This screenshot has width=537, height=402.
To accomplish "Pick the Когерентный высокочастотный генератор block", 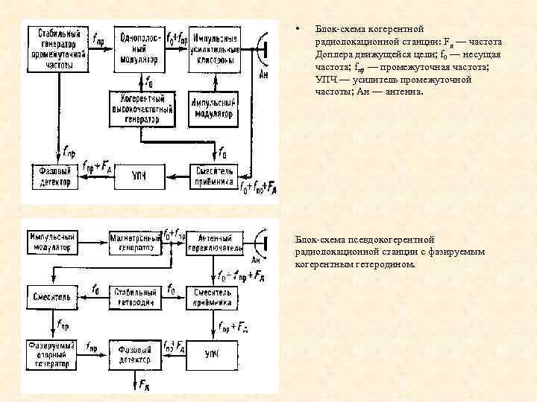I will [142, 108].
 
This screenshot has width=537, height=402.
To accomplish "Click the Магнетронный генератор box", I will [135, 241].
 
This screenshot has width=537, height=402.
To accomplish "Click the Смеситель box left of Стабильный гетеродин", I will [51, 296].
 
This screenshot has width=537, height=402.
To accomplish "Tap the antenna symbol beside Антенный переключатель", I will [261, 243].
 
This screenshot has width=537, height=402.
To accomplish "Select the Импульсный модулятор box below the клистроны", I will [215, 108].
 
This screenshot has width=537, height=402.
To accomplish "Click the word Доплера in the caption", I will [332, 55].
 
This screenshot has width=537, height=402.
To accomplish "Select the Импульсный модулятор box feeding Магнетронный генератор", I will [51, 241].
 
